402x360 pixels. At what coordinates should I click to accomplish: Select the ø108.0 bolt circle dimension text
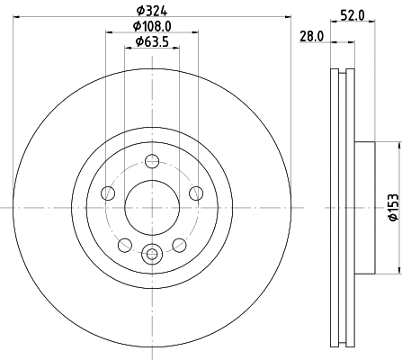(151, 26)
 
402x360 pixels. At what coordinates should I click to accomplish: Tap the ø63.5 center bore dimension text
(151, 42)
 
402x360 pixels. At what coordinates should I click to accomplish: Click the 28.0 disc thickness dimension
(311, 35)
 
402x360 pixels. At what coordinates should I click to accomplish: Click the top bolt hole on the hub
(152, 161)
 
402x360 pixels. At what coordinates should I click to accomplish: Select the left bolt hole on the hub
(108, 193)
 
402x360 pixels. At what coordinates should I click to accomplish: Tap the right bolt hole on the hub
(195, 193)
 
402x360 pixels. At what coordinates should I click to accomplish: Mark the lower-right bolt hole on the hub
(179, 244)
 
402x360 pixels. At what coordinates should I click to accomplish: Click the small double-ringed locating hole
(152, 252)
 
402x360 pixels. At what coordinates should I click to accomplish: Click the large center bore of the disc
(151, 207)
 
